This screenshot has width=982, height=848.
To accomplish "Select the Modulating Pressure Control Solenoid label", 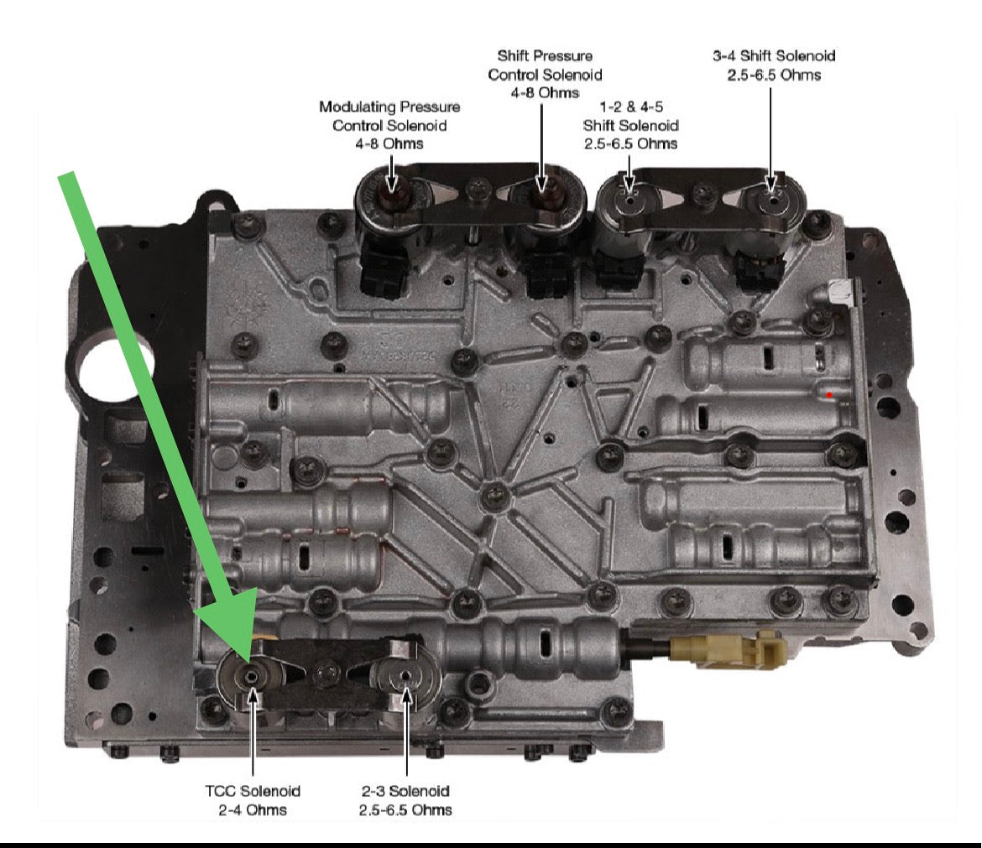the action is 389,125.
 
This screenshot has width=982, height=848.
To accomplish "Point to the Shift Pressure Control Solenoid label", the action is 545,75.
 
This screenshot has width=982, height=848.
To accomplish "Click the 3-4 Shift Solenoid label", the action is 774,65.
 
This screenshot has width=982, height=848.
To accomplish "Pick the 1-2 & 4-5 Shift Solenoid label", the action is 630,125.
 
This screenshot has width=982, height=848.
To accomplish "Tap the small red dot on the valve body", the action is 829,395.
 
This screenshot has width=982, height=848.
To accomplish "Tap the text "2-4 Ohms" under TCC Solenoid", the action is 253,809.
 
